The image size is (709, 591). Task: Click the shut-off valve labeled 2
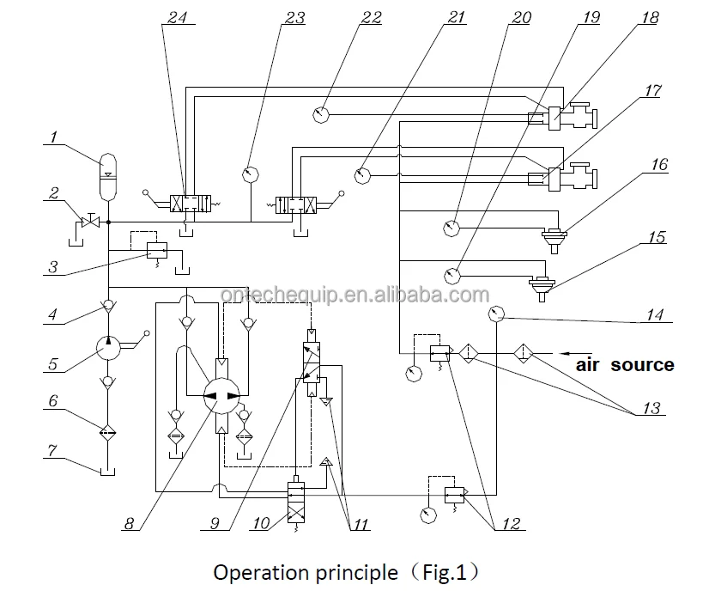[88, 222]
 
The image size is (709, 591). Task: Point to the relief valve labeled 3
[156, 250]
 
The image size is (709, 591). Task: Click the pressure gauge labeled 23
[251, 174]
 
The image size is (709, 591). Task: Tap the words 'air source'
[624, 365]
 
